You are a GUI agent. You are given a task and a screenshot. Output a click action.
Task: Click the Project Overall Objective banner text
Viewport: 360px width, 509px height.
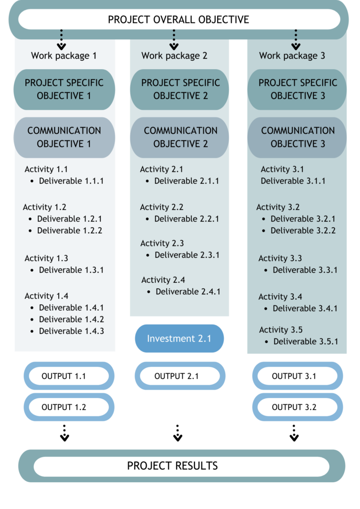(179, 19)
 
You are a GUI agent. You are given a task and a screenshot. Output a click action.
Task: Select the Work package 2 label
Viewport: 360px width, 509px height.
(175, 56)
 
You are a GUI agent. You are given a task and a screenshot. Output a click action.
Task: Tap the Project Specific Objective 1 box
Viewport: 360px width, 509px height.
(64, 89)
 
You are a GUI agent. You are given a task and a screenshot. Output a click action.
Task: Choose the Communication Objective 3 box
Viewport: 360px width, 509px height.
(297, 137)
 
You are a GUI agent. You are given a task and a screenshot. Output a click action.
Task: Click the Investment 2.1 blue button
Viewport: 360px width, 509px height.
(179, 338)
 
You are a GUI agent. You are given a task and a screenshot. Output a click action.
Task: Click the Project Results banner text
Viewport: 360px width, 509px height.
(173, 466)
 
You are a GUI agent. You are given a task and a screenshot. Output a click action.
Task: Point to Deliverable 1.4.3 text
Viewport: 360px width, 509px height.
(72, 331)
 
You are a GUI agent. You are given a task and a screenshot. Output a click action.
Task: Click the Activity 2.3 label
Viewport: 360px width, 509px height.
(162, 243)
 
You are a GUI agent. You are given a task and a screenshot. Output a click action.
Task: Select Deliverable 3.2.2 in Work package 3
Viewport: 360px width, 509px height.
(303, 231)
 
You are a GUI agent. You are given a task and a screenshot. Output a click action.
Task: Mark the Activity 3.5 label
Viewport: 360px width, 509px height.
(281, 330)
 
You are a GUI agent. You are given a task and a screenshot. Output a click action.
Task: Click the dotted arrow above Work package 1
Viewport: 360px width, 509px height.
(61, 40)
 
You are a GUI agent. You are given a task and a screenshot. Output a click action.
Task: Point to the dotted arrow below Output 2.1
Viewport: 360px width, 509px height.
(178, 433)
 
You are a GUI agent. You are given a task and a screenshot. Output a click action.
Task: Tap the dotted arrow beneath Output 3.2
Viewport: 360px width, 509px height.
(294, 433)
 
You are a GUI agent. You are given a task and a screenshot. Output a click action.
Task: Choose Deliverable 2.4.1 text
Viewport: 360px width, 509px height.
(188, 291)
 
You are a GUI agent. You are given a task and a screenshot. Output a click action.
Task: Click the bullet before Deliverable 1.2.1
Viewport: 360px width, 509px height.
(30, 219)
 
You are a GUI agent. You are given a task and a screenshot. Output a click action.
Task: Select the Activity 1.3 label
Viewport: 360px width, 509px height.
(46, 258)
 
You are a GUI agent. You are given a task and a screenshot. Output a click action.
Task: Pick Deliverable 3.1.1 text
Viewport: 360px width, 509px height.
(293, 181)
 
